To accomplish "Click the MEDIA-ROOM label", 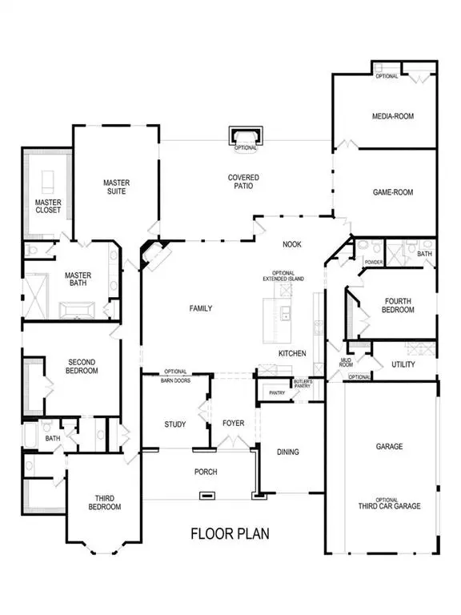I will [x=392, y=116].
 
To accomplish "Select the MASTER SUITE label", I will [x=116, y=187].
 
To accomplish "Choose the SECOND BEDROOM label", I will [x=82, y=367].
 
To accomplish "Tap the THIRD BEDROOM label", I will [x=104, y=502].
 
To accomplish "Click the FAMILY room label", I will [x=200, y=308].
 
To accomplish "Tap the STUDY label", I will [x=175, y=424].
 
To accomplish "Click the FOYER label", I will [x=234, y=424].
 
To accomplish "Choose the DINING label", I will [x=287, y=452].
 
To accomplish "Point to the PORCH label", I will [x=206, y=472].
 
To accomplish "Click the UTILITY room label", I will [x=402, y=364].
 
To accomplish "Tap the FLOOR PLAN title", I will [x=230, y=533].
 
